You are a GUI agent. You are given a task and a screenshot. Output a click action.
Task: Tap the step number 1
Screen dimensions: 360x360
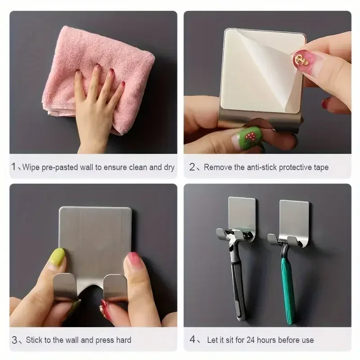14,167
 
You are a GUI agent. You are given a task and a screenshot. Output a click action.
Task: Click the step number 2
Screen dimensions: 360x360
192,167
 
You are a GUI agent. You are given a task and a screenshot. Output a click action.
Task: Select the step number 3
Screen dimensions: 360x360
14,340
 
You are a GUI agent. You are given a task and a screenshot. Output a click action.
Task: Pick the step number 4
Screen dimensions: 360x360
192,340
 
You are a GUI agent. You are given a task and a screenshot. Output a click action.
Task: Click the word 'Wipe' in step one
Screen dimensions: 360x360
31,167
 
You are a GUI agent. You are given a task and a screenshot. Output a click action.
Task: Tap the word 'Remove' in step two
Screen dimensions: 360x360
218,167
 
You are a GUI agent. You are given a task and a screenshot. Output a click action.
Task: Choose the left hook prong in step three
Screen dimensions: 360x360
63,288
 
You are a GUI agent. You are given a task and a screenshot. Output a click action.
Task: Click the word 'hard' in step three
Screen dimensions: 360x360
122,340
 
